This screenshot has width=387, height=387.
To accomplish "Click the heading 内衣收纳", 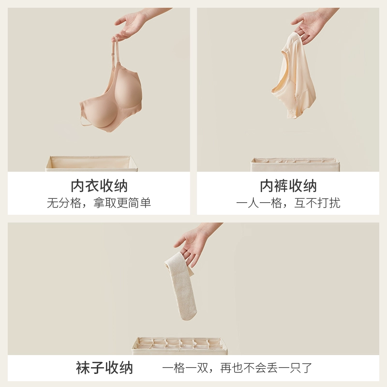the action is coord(99,186).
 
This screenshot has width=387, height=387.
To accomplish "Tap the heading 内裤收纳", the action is coord(288,186).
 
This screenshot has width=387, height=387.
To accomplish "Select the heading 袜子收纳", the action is coord(104,368).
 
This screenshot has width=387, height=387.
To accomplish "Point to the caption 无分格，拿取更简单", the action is coord(99,203).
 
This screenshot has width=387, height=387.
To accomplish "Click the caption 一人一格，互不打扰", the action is coord(288,203).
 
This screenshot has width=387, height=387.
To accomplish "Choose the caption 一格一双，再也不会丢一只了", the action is coord(237,368).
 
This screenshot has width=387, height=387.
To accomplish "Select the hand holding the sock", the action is coord(195,244).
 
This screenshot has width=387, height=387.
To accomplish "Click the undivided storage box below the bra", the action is coord(91,164).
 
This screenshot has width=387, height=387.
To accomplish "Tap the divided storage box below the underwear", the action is coord(295,165).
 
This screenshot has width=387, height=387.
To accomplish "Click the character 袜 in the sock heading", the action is coord(83,368).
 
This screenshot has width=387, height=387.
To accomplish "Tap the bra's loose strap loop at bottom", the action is coord(85,121).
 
